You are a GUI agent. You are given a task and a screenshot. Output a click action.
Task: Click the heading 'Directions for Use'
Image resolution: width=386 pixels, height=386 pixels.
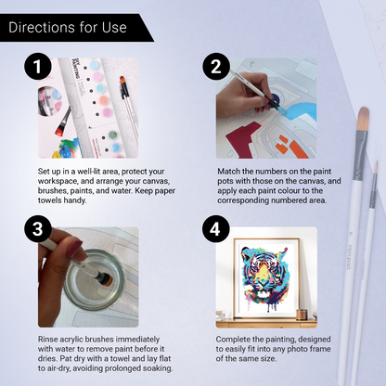(x=67, y=27)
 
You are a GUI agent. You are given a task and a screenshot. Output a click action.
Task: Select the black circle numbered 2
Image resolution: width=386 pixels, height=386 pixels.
(x=214, y=67)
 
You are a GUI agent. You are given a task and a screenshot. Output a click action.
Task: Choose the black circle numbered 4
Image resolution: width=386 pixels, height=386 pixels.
(x=214, y=230)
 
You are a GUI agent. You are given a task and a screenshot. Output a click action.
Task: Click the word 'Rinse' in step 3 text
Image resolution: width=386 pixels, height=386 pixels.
(x=49, y=338)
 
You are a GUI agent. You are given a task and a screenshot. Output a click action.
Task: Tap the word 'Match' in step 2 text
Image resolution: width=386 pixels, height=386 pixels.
(x=231, y=173)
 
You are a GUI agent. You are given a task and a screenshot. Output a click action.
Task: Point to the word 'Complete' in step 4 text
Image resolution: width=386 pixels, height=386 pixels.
(x=238, y=338)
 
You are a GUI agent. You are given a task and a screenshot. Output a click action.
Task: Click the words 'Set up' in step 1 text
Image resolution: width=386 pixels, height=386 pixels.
(x=51, y=173)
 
